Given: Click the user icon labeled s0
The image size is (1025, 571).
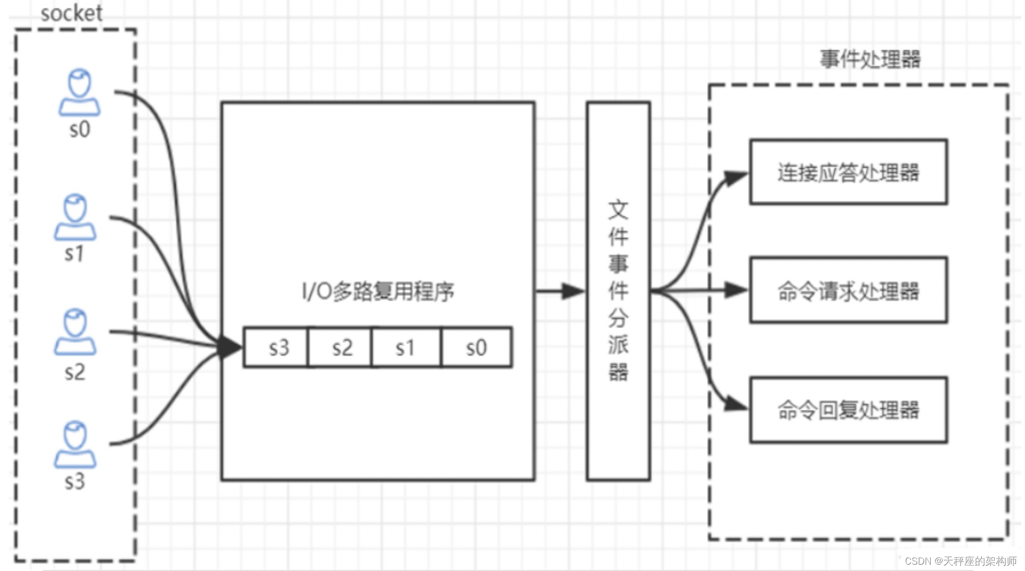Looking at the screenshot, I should tap(79, 93).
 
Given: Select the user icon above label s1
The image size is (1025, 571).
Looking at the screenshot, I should tap(75, 217).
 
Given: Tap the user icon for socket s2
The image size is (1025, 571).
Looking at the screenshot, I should tap(75, 332).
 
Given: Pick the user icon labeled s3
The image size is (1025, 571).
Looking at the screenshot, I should tap(75, 445).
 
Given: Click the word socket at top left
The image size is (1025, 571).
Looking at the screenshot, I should tap(71, 13).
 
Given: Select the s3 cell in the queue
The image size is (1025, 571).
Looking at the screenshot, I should tap(276, 347).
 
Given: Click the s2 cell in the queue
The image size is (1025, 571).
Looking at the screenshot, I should tap(340, 347).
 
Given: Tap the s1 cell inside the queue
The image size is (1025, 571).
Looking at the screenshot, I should tap(406, 347).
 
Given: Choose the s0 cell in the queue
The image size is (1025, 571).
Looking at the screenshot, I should tap(476, 347).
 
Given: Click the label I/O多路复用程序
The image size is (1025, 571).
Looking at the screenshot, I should tap(378, 291).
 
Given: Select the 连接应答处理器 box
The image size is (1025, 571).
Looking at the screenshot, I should tap(848, 172).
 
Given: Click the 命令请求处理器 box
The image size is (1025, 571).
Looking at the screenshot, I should tap(848, 291).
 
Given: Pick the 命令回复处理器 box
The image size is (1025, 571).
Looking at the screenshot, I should tap(848, 410).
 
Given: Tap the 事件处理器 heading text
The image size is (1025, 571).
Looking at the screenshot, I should tap(870, 59).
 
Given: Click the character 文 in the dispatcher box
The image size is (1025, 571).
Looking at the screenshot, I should tap(618, 210).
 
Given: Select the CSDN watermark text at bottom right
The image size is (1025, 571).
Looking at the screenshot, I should tap(960, 561).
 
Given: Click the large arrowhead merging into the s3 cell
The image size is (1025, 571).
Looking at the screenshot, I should tap(230, 347).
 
